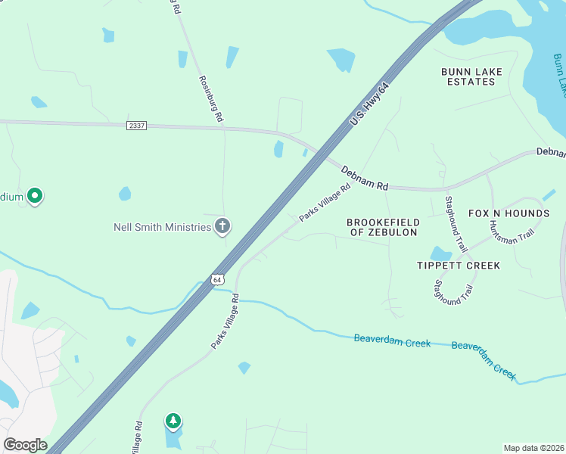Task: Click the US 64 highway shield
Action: (218, 279)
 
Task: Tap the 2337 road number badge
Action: (137, 126)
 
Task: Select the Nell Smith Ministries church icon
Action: (222, 226)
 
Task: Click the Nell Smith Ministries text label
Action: (162, 226)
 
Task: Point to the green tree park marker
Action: (173, 421)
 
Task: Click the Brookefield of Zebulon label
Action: (382, 227)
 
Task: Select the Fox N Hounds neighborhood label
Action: (508, 213)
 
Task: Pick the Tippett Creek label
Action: (459, 266)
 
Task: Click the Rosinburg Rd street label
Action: (211, 98)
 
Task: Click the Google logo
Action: (24, 445)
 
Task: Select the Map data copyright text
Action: (533, 448)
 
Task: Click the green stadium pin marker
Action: (34, 197)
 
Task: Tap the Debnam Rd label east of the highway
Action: (364, 179)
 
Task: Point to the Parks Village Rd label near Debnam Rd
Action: (325, 203)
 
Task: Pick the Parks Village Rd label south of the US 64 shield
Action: (225, 321)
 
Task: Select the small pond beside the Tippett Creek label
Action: (440, 253)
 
